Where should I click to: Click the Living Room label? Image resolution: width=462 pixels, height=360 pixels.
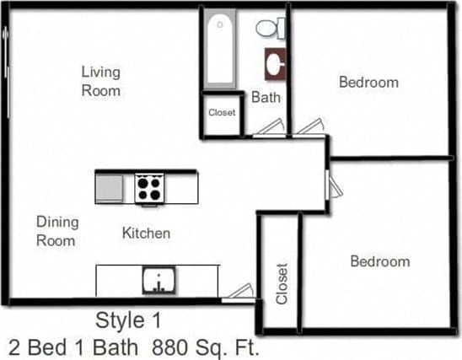(x=101, y=81)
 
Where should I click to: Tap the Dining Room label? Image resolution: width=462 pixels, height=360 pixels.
(x=57, y=231)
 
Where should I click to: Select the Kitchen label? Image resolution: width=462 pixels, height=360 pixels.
(x=146, y=233)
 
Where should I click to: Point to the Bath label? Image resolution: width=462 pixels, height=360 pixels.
(x=266, y=98)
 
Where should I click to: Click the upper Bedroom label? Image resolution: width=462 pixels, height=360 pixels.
(x=368, y=82)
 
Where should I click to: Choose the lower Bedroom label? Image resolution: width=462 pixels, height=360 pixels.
(x=379, y=261)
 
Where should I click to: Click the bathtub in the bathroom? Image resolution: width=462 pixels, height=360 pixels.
(x=220, y=50)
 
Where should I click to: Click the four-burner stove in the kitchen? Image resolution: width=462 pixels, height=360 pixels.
(x=148, y=187)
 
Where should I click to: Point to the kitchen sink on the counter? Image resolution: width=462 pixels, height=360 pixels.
(x=158, y=280)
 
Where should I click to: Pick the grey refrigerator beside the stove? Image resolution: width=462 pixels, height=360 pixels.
(x=110, y=187)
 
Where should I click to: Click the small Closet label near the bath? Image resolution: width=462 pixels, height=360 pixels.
(x=222, y=112)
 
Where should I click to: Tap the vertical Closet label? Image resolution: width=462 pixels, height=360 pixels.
(x=282, y=283)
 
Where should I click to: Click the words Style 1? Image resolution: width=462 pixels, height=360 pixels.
(x=127, y=320)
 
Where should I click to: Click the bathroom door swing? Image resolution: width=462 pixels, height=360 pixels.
(x=270, y=127)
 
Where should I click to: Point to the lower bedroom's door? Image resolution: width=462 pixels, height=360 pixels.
(x=333, y=187)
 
